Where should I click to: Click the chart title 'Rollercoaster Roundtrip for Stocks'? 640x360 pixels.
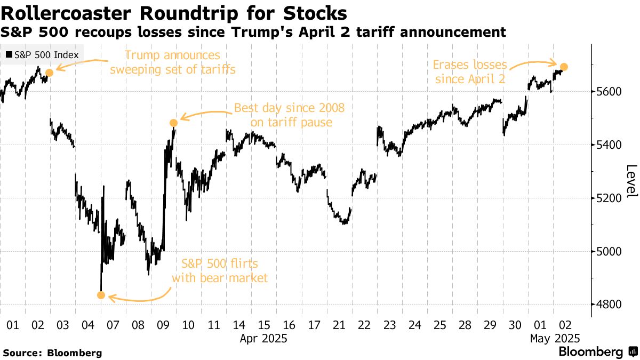(174, 13)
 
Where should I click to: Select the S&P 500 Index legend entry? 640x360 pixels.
(42, 55)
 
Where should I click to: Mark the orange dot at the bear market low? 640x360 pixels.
(101, 295)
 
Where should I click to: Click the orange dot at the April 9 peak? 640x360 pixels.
(173, 123)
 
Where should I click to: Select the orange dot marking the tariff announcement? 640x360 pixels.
(50, 73)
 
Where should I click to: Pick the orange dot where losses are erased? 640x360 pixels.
(564, 67)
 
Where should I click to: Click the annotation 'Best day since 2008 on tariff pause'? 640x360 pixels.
(290, 115)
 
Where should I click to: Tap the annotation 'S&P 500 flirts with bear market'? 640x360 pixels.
(220, 270)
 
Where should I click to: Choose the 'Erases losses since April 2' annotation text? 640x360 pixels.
(469, 72)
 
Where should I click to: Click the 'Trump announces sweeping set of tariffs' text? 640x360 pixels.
(172, 62)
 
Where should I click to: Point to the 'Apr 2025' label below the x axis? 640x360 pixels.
(263, 338)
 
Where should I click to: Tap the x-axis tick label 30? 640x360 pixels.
(515, 324)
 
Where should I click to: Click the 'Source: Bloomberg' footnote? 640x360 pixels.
(52, 353)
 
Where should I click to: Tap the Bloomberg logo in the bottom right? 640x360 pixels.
(597, 352)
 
